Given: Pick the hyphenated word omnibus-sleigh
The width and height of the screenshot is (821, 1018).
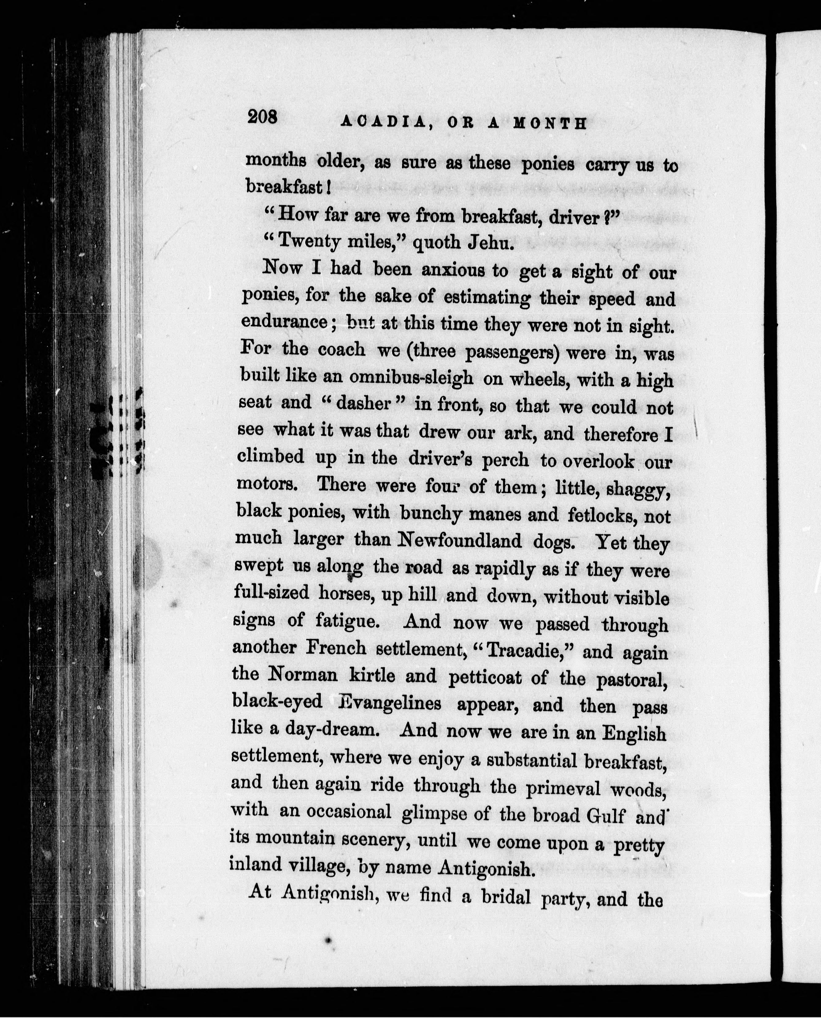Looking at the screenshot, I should (411, 377).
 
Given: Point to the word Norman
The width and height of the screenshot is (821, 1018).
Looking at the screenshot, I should (303, 674).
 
